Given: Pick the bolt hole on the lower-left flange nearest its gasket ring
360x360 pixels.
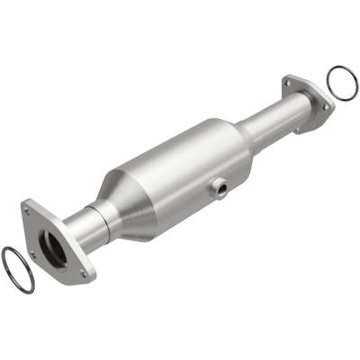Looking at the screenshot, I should click(x=31, y=254).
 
